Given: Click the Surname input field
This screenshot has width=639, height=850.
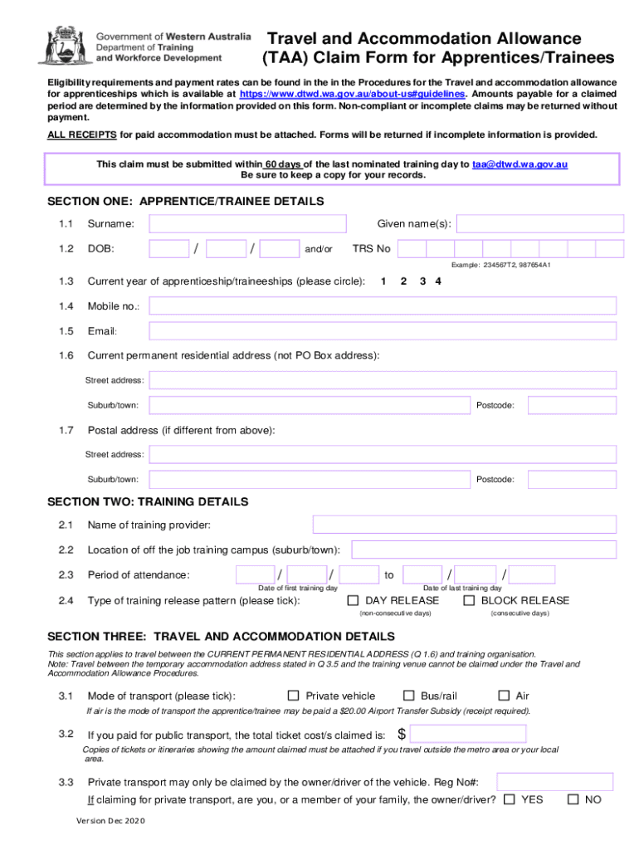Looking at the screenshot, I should pos(247,224).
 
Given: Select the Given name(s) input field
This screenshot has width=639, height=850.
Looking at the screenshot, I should pos(540,224).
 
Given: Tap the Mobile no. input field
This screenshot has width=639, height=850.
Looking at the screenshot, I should pos(383,306).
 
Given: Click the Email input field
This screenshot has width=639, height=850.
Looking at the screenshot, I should pos(383,331).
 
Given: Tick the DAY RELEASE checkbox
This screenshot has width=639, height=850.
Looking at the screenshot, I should pos(353,600).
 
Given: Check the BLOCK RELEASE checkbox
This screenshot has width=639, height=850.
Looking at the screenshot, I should pos(469,600).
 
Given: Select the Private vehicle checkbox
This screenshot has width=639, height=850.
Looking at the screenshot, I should pos(293,696).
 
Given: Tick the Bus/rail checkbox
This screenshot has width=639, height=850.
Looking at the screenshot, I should pos(408,696).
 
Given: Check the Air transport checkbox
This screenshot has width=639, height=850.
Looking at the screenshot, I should pos(504,696).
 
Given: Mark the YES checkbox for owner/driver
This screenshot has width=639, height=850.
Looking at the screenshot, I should pos(510,799).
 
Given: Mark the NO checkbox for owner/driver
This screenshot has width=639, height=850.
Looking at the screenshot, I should pos(573,799).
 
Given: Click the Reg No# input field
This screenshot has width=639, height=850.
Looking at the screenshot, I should pos(555,782).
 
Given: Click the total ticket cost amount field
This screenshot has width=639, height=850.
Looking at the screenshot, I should pos(468,734).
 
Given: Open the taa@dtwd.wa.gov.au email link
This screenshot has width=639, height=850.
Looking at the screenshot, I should pos(519,164).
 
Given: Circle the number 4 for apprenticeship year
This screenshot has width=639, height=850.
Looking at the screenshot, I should pos(438,281).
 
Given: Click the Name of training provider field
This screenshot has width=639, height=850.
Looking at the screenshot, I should pos(464,525).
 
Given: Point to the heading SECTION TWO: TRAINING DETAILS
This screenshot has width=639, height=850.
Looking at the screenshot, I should pos(148,502).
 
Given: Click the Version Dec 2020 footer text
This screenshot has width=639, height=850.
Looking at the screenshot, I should pos(110,821).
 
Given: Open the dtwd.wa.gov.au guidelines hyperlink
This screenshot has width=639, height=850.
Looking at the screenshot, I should pos(352,94).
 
